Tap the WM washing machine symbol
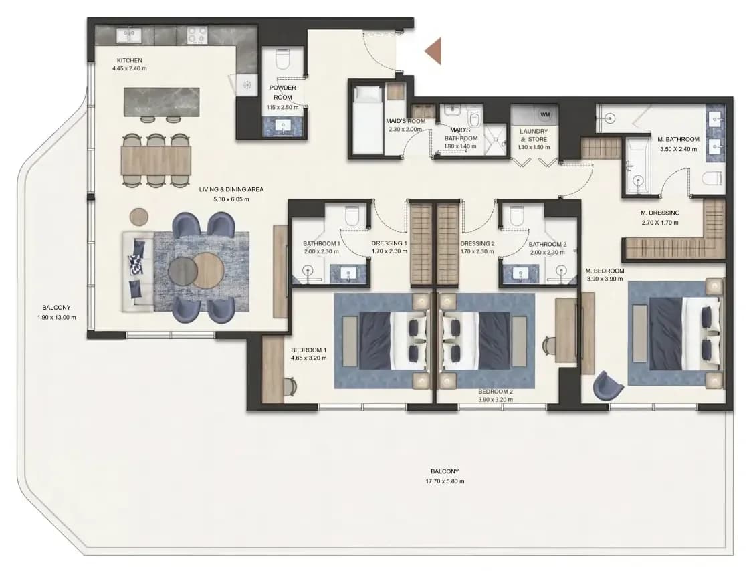(544, 115)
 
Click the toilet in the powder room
(282, 60)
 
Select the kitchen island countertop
(161, 102)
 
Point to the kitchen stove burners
(197, 35)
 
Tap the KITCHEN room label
(130, 60)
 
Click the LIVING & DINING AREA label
(231, 190)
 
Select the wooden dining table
(156, 160)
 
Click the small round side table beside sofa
(139, 216)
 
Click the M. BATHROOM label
(678, 140)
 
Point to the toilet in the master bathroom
(712, 178)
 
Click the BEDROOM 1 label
(309, 350)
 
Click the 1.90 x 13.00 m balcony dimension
(56, 318)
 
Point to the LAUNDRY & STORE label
(534, 136)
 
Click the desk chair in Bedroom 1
(290, 386)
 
